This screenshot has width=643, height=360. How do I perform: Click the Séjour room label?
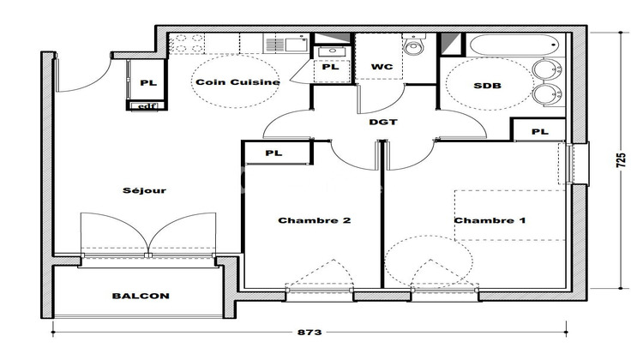144,190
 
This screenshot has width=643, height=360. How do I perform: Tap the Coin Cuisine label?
225,82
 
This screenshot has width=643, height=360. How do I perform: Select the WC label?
382,67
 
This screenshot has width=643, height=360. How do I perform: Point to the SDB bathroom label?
488,86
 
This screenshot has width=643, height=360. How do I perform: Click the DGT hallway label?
382,122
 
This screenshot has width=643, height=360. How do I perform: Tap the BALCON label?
140,296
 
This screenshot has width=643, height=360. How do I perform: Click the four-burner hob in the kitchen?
187,43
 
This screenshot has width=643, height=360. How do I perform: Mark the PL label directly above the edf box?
147,82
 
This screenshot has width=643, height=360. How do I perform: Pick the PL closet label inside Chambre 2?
273,153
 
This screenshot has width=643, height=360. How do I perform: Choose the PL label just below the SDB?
539,131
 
